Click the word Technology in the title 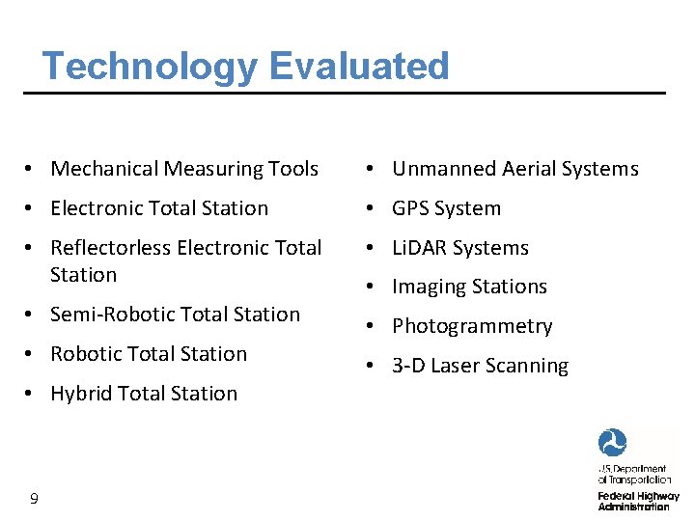pos(151,67)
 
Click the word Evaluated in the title pos(359,67)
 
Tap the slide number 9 pos(34,498)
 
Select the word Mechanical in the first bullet pos(104,169)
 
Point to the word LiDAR pos(421,248)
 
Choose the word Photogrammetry pos(472,327)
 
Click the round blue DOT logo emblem pos(613,443)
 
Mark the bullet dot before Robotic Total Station pos(33,354)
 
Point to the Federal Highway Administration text pos(638,501)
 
